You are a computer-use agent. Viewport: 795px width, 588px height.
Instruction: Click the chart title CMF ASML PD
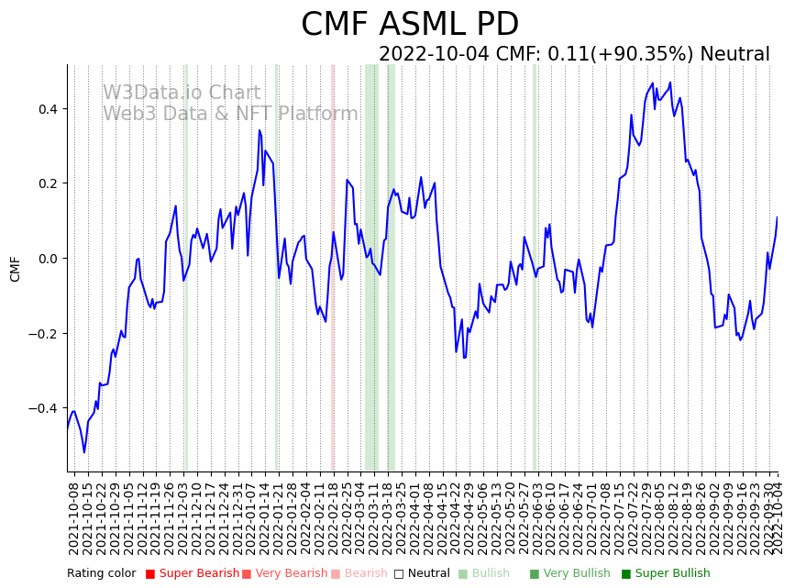[x=410, y=25]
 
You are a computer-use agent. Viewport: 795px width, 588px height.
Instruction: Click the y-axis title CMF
[x=15, y=269]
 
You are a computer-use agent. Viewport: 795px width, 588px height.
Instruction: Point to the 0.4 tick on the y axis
[x=46, y=109]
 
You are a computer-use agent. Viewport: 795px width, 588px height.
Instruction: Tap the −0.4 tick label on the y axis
[x=42, y=408]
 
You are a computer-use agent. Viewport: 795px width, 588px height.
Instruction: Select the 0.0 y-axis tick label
[x=46, y=259]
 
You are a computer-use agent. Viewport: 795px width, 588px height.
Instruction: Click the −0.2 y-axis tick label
[x=42, y=333]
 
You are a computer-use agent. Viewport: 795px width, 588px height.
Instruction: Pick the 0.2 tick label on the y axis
[x=46, y=183]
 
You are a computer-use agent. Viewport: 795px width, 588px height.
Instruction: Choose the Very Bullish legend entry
[x=576, y=573]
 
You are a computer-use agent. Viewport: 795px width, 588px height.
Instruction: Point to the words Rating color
[x=101, y=573]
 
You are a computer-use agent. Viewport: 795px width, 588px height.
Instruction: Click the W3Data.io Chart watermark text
[x=182, y=94]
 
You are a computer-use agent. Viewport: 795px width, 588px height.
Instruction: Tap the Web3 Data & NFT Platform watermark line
[x=230, y=114]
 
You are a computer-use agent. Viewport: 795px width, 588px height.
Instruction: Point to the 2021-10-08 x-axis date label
[x=73, y=518]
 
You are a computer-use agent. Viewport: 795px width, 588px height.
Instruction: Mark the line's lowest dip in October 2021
[x=84, y=451]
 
